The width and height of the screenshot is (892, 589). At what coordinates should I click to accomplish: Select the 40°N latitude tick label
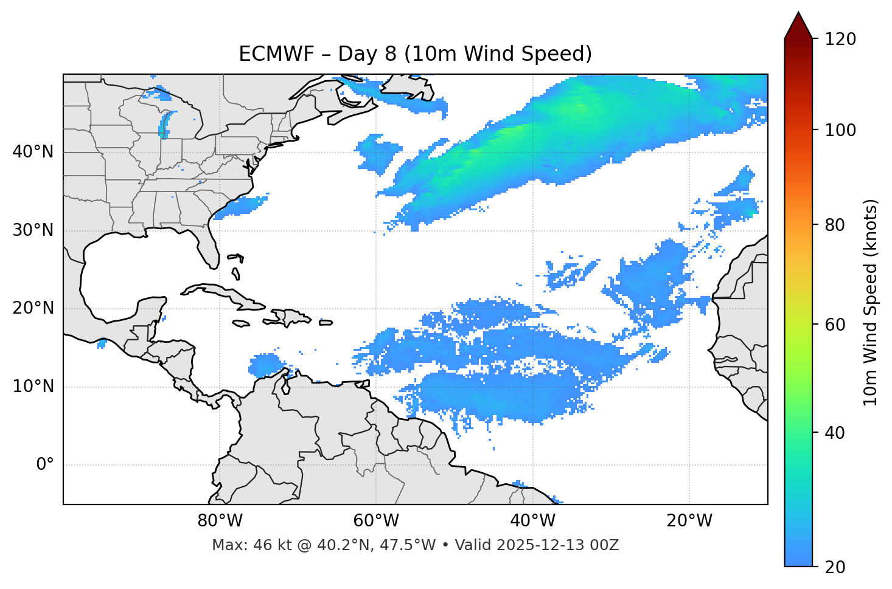(33, 152)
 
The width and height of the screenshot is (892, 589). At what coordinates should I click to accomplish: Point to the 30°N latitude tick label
(33, 230)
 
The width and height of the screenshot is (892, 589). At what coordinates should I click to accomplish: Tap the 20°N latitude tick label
(33, 308)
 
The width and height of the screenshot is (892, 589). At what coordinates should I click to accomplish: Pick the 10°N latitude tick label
(33, 387)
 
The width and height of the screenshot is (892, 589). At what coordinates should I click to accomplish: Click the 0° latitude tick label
(44, 465)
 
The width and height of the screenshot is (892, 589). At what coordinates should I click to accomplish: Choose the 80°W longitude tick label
(220, 521)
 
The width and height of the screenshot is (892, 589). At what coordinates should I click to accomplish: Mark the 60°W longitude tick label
(376, 521)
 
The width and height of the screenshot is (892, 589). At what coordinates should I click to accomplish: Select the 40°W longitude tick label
(533, 521)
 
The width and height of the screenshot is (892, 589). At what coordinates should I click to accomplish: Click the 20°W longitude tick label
(689, 521)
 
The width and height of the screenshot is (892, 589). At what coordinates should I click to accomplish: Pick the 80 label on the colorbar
(837, 225)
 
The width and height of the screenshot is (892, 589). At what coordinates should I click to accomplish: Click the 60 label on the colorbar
(837, 325)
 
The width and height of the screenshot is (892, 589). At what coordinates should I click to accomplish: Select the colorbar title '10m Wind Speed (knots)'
(871, 302)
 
